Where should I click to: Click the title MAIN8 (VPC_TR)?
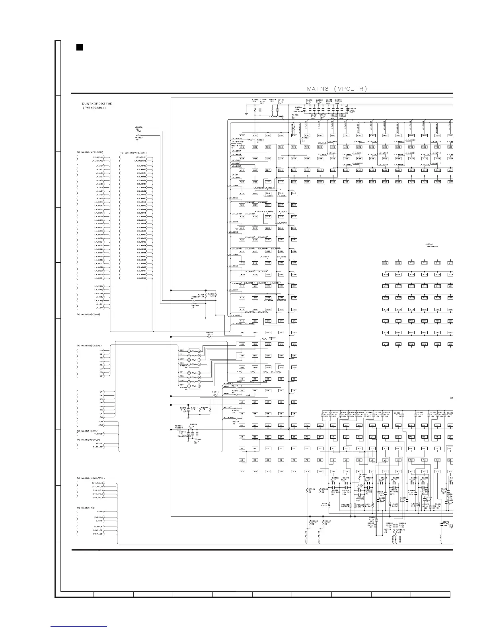coord(337,88)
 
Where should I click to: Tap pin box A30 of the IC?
coord(242,136)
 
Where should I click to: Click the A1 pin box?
coord(242,472)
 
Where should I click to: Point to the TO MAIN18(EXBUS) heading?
coord(89,345)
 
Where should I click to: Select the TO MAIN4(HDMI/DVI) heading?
coord(91,478)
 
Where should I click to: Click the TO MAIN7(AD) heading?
coord(86,508)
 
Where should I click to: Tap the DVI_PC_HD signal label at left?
coord(98,483)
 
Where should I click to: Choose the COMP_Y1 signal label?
coord(99,527)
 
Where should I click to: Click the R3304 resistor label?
coord(210,332)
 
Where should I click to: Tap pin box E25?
coord(294,193)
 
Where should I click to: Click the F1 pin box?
coord(307,472)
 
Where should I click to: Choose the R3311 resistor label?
coord(215,392)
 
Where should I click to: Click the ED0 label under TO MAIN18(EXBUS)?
coord(101,350)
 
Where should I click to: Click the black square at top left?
coord(79,48)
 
